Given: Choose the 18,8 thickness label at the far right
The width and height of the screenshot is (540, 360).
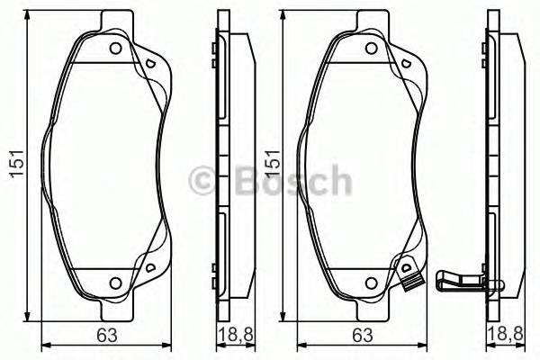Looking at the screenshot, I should [x=514, y=336].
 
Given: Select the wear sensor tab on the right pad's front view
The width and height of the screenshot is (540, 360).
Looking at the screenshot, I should [x=409, y=274].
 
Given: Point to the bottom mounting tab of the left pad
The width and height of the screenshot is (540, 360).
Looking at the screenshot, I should [x=114, y=310].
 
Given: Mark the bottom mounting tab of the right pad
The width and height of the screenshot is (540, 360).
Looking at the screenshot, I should [x=370, y=310].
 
